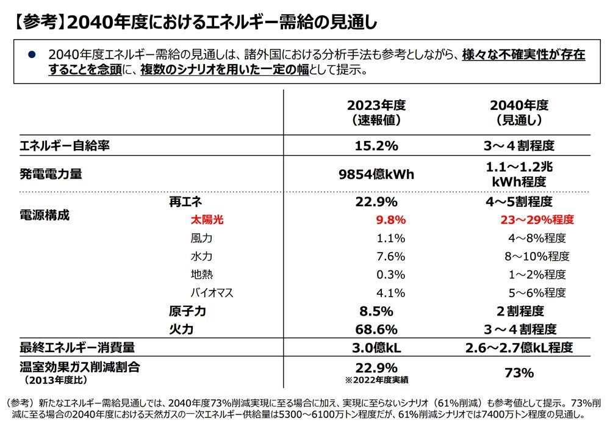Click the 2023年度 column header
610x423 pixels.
pyautogui.click(x=376, y=112)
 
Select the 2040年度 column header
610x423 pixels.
pyautogui.click(x=519, y=112)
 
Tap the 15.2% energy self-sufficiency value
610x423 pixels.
pyautogui.click(x=376, y=146)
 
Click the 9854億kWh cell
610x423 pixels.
pyautogui.click(x=376, y=175)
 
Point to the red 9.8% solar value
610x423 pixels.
pyautogui.click(x=391, y=220)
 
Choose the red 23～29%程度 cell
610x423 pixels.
pyautogui.click(x=537, y=220)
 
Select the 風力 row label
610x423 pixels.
pyautogui.click(x=201, y=238)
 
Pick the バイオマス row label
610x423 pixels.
pyautogui.click(x=212, y=292)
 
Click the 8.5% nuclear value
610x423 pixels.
pyautogui.click(x=376, y=311)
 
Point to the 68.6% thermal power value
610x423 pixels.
pyautogui.click(x=376, y=330)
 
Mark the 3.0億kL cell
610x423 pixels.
pyautogui.click(x=376, y=348)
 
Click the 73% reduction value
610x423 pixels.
pyautogui.click(x=519, y=372)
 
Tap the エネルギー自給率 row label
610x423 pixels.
pyautogui.click(x=65, y=146)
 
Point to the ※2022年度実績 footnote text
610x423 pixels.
pyautogui.click(x=376, y=380)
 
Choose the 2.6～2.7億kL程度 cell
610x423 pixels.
pyautogui.click(x=519, y=348)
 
